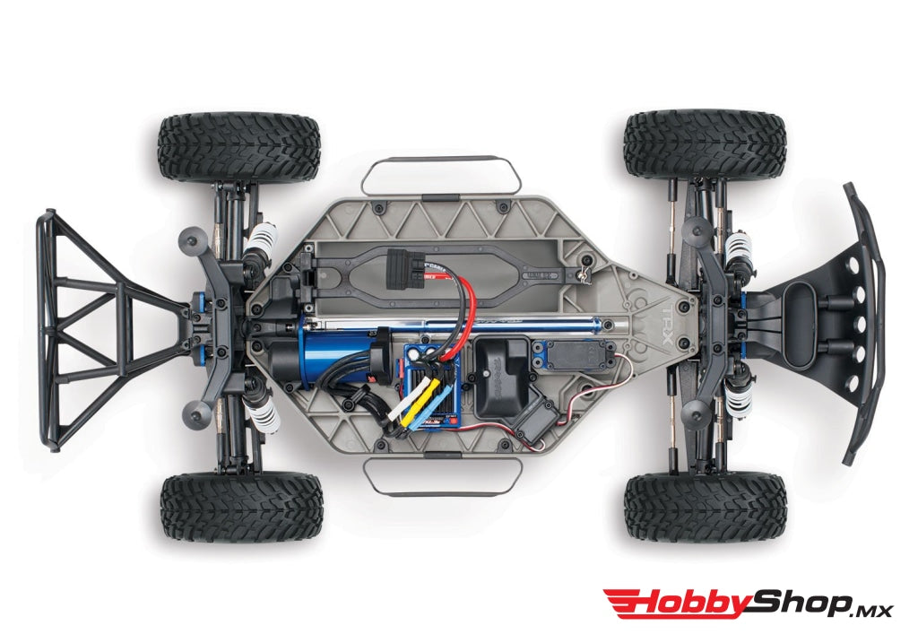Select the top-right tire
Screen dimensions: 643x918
(x=705, y=144)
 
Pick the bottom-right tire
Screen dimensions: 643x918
(x=705, y=507)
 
